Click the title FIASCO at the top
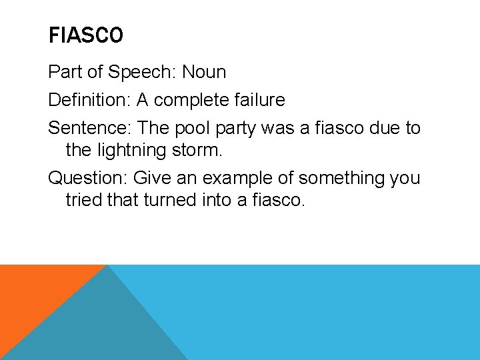coord(86,35)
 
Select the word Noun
coord(204,72)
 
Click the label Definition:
coord(90,101)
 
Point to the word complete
coord(189,101)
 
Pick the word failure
coord(259,101)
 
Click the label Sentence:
coord(87,128)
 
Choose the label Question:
coord(88,179)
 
